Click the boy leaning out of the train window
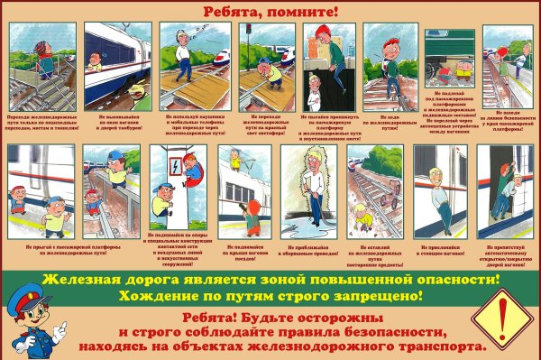(x=95, y=62)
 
